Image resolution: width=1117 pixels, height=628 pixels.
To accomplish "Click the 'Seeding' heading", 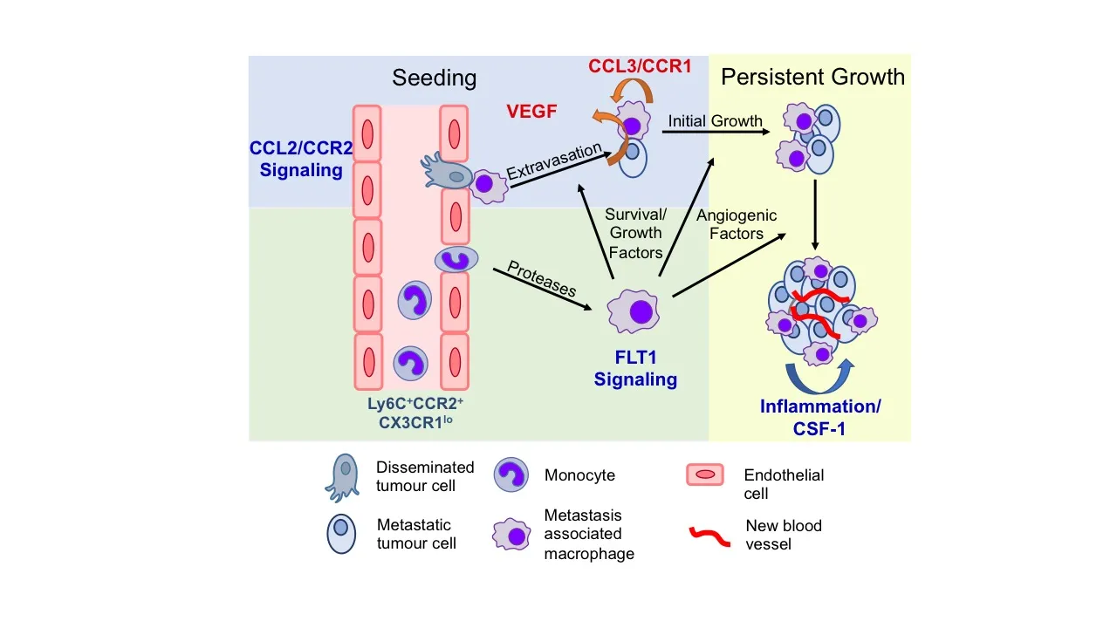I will coord(434,78).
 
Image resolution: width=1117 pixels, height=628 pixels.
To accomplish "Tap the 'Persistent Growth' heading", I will coord(812,77).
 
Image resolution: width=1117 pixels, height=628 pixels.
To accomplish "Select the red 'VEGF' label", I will coord(531,112).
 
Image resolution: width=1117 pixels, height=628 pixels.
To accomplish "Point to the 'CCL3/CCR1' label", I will coord(639,65).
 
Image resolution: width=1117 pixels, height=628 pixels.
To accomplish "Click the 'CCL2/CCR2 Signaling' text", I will coord(301,159).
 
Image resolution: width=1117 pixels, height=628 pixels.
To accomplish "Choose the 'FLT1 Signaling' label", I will coord(635,369).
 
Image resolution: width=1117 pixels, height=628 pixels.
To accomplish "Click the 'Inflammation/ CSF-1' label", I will coord(820,417).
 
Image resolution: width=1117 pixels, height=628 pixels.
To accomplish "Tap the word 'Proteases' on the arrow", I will coord(542,278).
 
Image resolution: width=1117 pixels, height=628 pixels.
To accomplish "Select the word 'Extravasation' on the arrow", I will coord(554,160).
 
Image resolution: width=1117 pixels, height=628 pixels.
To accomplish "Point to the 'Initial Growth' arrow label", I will coord(715,121).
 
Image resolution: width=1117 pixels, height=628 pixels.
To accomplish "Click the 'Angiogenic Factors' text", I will coord(737,224).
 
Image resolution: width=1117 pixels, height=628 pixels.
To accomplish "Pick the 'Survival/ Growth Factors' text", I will coord(635,233).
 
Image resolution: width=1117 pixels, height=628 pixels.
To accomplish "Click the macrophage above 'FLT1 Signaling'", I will coord(640,312).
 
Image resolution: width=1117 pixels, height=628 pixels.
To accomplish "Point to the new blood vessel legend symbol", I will coord(709,535).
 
